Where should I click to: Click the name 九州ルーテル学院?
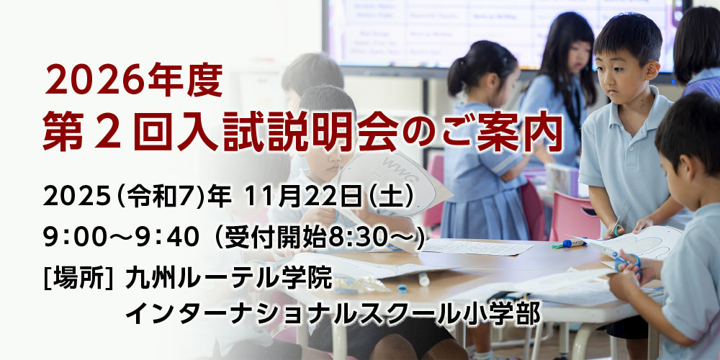[x=228, y=277]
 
